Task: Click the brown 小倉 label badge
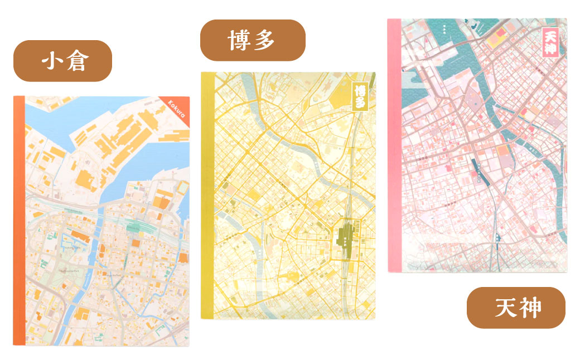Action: click(x=63, y=61)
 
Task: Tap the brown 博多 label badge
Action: click(x=253, y=40)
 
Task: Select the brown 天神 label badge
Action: click(x=516, y=307)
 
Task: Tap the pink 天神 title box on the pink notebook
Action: click(x=550, y=42)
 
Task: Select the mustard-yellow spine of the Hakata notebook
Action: click(x=207, y=195)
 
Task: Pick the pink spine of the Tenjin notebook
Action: click(x=394, y=145)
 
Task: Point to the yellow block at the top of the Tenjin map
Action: click(x=496, y=38)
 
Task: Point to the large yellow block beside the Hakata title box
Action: click(x=339, y=99)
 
